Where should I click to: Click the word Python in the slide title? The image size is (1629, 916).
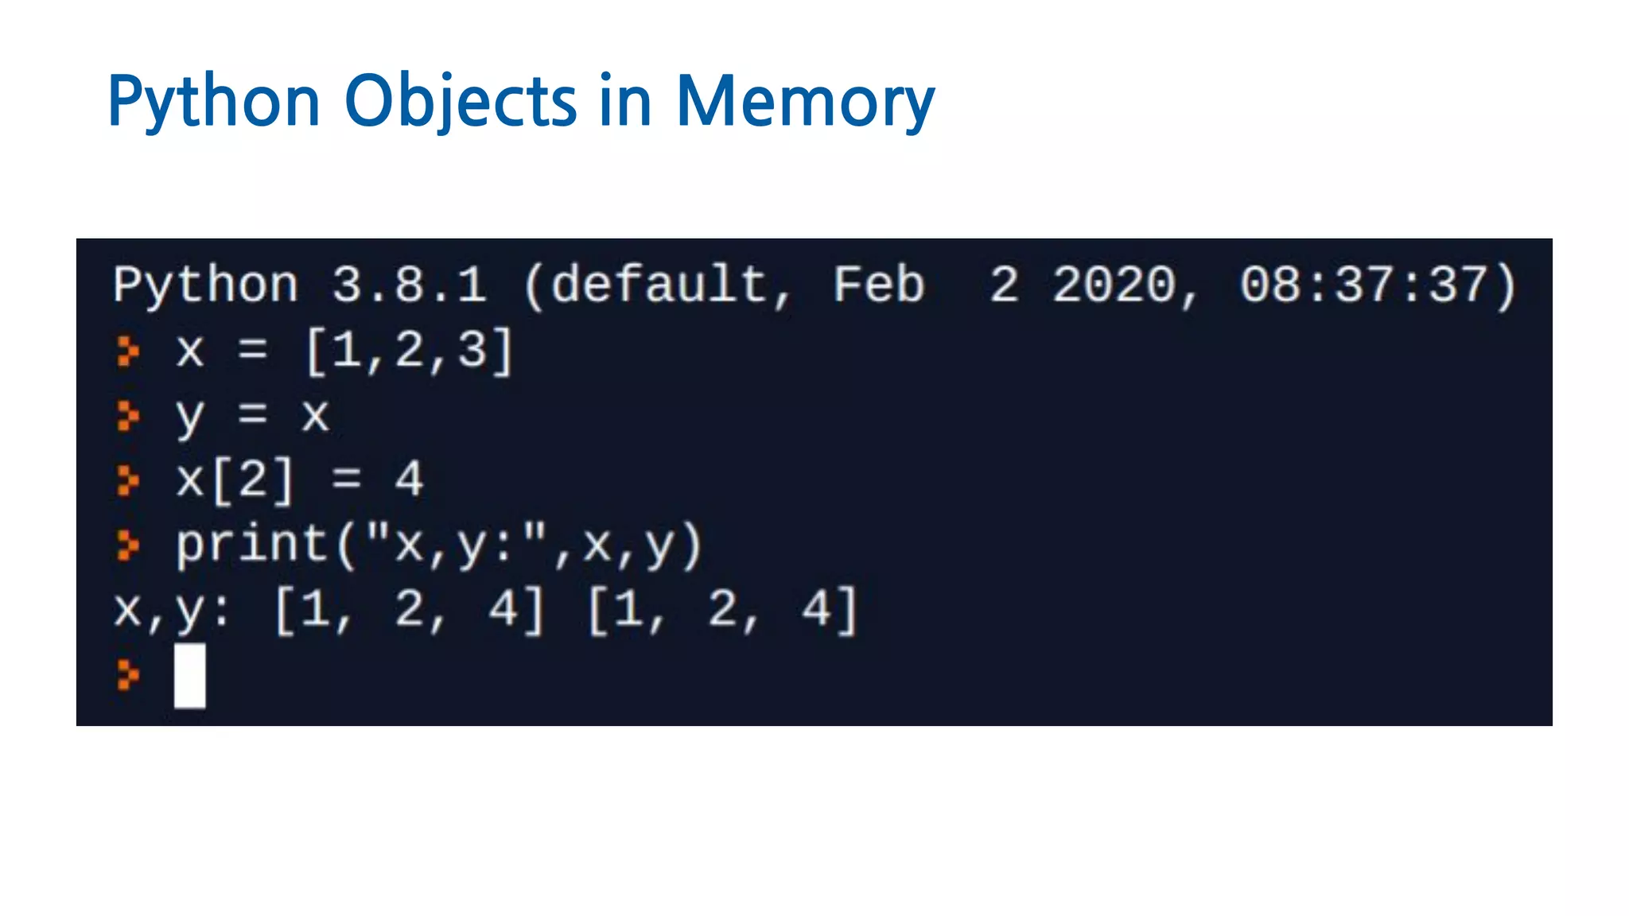(213, 102)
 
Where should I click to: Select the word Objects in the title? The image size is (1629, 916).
(461, 102)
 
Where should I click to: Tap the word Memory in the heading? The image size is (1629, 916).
(805, 102)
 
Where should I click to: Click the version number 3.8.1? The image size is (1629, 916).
(409, 285)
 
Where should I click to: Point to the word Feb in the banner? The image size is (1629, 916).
(878, 285)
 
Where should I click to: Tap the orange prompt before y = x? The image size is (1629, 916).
(127, 415)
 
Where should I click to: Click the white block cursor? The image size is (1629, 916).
(189, 675)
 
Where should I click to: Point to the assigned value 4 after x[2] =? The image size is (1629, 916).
(409, 480)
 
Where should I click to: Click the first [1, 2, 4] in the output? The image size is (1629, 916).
(409, 611)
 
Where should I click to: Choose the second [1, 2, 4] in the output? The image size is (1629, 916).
(722, 611)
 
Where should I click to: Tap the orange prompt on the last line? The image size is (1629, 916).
(127, 675)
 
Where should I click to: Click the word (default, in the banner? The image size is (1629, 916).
(657, 285)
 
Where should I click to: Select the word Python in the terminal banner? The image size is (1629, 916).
(205, 285)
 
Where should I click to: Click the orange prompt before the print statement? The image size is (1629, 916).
(127, 545)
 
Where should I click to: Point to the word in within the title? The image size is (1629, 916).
(625, 102)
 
